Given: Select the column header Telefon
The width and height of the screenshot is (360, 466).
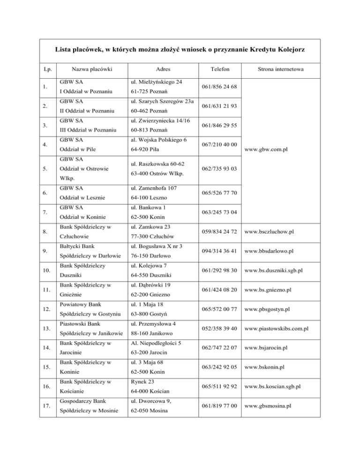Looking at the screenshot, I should click(x=219, y=69).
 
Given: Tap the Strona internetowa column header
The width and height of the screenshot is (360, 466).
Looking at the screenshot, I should click(x=281, y=69).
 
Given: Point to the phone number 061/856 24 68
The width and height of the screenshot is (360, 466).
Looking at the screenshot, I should click(x=219, y=87).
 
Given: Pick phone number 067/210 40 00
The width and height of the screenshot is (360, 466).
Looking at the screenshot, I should click(x=219, y=144).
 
